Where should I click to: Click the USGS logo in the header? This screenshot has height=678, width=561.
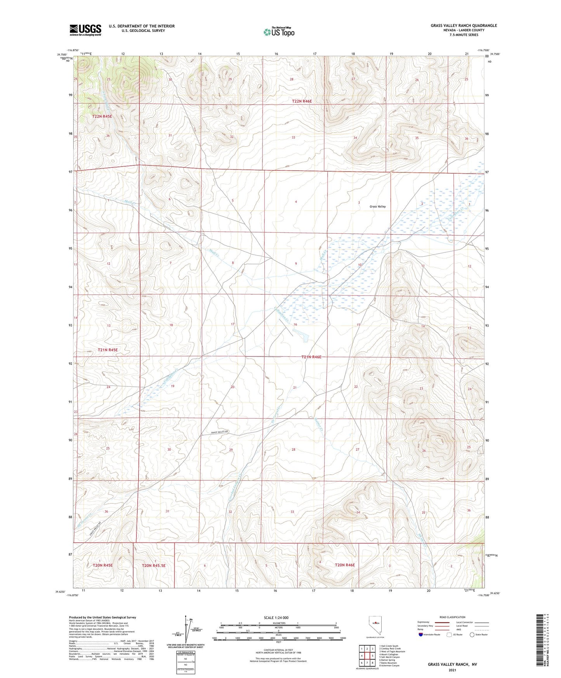coord(85,30)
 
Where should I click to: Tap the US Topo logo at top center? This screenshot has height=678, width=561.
coord(279,32)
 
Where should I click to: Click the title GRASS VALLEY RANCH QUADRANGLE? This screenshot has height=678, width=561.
coord(464,26)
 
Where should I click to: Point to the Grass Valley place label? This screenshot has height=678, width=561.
coord(377,207)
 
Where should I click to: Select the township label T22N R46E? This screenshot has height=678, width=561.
coord(302,101)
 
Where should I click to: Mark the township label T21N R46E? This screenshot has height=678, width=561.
coord(311,357)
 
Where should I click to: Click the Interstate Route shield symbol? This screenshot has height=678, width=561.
coord(421,635)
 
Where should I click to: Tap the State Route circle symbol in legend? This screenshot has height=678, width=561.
coord(472,635)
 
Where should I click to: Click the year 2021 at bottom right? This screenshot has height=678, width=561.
coord(452,670)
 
